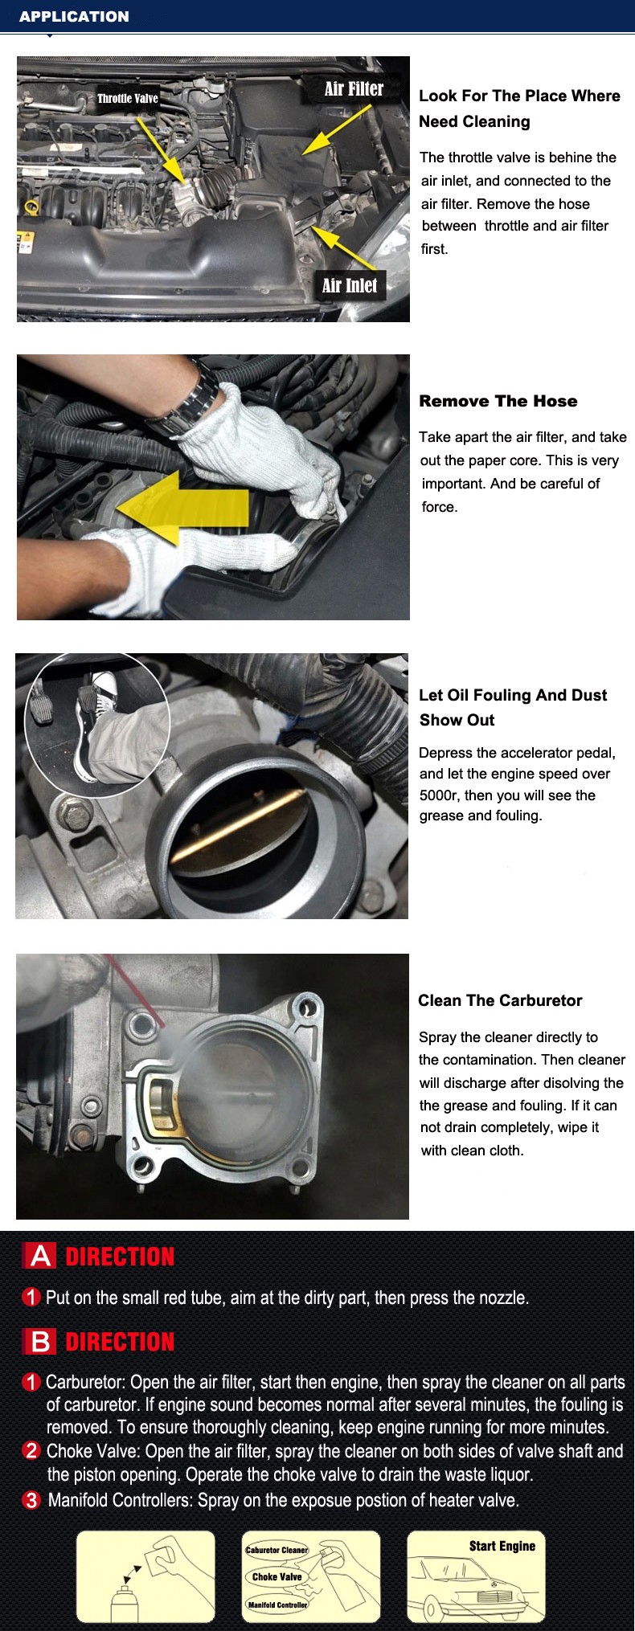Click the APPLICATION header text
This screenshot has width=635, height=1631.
click(x=74, y=16)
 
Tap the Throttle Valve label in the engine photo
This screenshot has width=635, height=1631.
click(x=128, y=99)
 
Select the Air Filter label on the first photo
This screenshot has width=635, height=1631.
click(x=354, y=88)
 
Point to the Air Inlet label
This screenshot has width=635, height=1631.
click(x=350, y=285)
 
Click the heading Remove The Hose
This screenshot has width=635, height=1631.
click(x=498, y=401)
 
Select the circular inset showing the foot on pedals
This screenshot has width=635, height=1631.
click(x=97, y=726)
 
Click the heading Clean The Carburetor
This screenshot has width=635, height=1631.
click(x=500, y=1000)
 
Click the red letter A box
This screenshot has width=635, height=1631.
click(x=40, y=1256)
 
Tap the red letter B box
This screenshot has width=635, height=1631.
click(x=40, y=1341)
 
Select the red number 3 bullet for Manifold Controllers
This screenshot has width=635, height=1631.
click(x=31, y=1500)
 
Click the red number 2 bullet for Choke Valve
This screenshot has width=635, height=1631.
click(x=31, y=1450)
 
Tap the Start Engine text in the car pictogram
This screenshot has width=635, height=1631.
click(x=502, y=1546)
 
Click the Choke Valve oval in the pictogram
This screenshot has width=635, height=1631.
click(x=277, y=1576)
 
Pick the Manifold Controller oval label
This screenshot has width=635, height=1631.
click(x=277, y=1604)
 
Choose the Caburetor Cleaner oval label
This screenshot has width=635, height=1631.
click(x=277, y=1550)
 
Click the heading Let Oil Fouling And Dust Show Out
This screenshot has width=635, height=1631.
click(x=513, y=707)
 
